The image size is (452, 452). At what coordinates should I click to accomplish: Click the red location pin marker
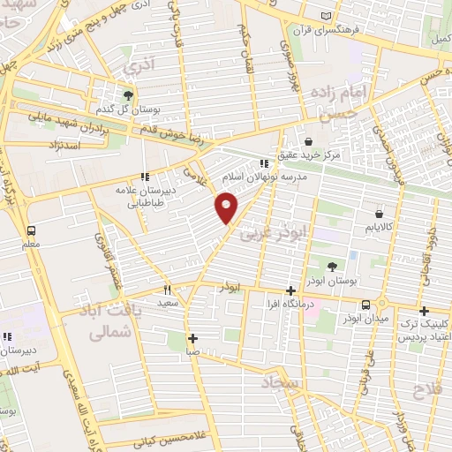pyautogui.click(x=227, y=207)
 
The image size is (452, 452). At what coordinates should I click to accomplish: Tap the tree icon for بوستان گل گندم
pyautogui.click(x=130, y=94)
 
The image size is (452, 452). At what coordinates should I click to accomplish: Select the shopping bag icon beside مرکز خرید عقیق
pyautogui.click(x=309, y=141)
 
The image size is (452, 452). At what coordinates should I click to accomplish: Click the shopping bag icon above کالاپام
pyautogui.click(x=380, y=213)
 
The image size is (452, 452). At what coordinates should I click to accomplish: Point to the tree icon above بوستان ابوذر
pyautogui.click(x=332, y=266)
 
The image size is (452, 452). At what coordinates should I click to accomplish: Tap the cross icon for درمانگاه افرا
pyautogui.click(x=291, y=290)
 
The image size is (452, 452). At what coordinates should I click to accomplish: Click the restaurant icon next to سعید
pyautogui.click(x=166, y=290)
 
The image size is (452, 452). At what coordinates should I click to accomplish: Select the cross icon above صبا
pyautogui.click(x=193, y=338)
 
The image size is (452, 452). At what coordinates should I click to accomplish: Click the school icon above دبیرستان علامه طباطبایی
pyautogui.click(x=144, y=177)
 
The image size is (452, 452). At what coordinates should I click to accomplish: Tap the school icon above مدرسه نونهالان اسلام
pyautogui.click(x=263, y=163)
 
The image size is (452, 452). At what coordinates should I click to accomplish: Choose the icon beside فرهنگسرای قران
pyautogui.click(x=328, y=17)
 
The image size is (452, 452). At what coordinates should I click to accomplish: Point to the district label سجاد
pyautogui.click(x=281, y=383)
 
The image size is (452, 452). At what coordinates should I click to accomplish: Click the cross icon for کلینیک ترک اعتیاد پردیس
pyautogui.click(x=425, y=311)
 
